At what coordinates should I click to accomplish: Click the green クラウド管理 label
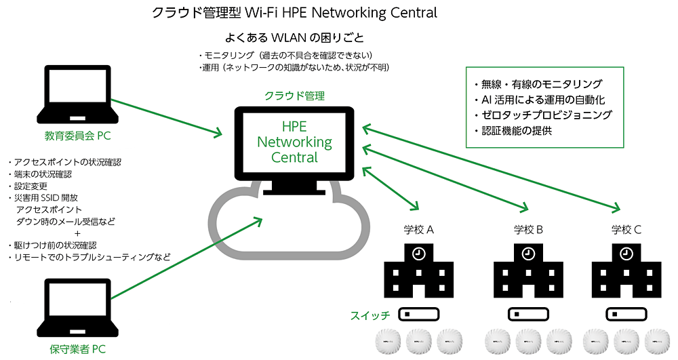coord(294,96)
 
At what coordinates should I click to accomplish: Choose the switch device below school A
coord(418,315)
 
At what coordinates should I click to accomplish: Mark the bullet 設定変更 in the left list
coord(29,186)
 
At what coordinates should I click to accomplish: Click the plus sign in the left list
coord(77,233)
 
